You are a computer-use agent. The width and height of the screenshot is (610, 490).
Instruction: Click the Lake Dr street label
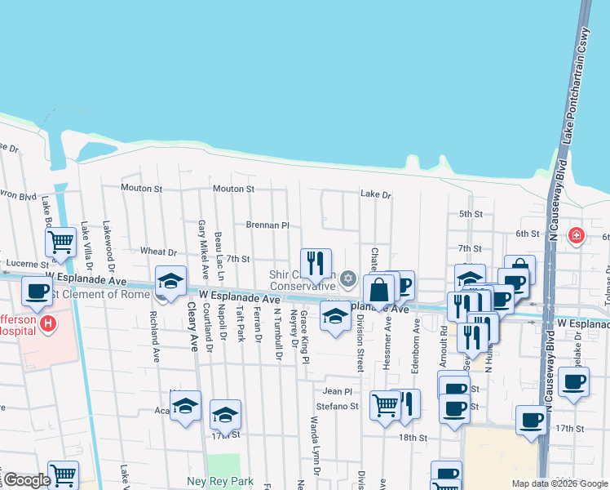(376, 195)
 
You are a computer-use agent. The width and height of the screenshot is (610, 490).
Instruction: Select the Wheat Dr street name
(158, 252)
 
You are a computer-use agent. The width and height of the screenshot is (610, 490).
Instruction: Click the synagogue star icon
(348, 279)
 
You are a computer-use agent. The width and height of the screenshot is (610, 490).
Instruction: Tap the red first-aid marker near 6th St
(577, 235)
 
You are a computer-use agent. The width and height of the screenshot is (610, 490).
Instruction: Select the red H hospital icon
(48, 324)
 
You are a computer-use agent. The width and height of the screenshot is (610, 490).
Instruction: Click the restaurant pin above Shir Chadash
(316, 263)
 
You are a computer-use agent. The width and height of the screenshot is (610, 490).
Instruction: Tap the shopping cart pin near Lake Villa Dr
(61, 242)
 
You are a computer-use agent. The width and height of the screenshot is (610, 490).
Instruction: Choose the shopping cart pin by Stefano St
(385, 405)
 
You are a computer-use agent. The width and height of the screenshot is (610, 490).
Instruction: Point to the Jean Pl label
(342, 391)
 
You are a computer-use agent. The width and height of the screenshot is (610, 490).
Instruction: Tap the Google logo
(27, 480)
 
